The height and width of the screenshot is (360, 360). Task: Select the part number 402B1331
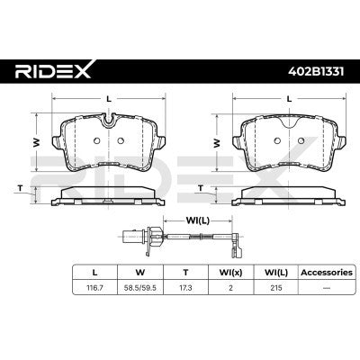click(316, 72)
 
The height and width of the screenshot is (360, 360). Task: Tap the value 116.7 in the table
click(94, 288)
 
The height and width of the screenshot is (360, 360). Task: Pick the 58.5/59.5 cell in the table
click(140, 288)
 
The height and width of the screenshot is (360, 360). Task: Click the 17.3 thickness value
click(185, 288)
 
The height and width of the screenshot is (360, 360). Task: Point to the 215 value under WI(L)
click(276, 288)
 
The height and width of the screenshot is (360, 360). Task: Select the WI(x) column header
click(230, 273)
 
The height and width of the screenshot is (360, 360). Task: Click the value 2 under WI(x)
click(230, 288)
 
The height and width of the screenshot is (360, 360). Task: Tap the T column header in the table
click(185, 273)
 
